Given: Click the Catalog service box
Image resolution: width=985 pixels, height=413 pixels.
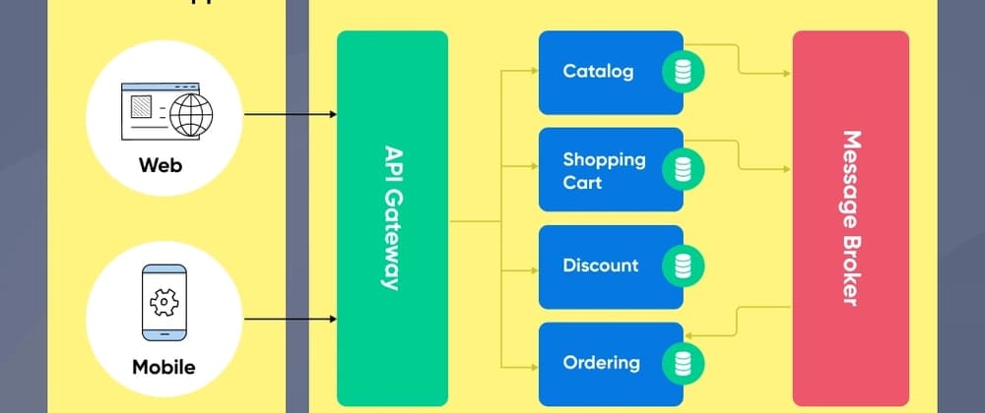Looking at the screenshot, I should [x=598, y=71].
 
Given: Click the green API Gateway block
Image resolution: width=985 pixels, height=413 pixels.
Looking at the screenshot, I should [x=392, y=218].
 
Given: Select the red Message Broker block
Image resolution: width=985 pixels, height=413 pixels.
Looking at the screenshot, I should [x=850, y=218].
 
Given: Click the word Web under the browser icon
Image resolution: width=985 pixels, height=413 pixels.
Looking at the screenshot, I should [x=161, y=165].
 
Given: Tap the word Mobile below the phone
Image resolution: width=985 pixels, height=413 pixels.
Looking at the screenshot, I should [x=164, y=368].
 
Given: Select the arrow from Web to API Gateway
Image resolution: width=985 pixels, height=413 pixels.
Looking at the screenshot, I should [x=290, y=115].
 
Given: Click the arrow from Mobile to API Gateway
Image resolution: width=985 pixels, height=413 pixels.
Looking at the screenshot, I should [x=290, y=319].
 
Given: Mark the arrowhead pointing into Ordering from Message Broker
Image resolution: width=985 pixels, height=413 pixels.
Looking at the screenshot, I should [x=689, y=336].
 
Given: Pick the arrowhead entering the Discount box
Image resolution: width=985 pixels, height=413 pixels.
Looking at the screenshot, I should [x=533, y=265].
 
